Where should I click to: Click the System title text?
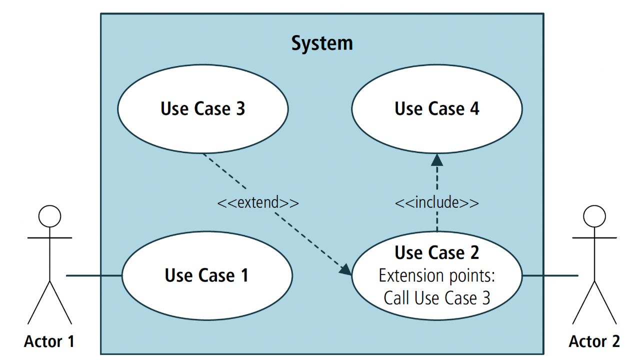322,43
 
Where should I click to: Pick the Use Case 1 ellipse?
206,295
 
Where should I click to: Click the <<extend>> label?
258,203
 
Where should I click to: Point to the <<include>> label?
436,202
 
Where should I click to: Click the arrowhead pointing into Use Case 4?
437,160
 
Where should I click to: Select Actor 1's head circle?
49,216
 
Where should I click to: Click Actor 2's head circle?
594,216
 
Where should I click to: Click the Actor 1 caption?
49,341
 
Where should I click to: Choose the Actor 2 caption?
594,341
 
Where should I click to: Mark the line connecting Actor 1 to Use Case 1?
94,275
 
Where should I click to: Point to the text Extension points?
436,275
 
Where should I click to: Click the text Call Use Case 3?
436,298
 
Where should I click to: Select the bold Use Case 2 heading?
436,252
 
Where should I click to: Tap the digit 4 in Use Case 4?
473,108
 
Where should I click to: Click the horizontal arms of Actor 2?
594,238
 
